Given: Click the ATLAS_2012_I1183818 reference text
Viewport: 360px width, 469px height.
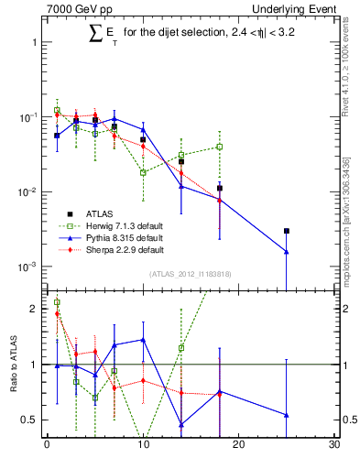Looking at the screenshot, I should tap(189, 275).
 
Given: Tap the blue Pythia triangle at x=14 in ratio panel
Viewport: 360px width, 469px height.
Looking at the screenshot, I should tap(181, 424).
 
